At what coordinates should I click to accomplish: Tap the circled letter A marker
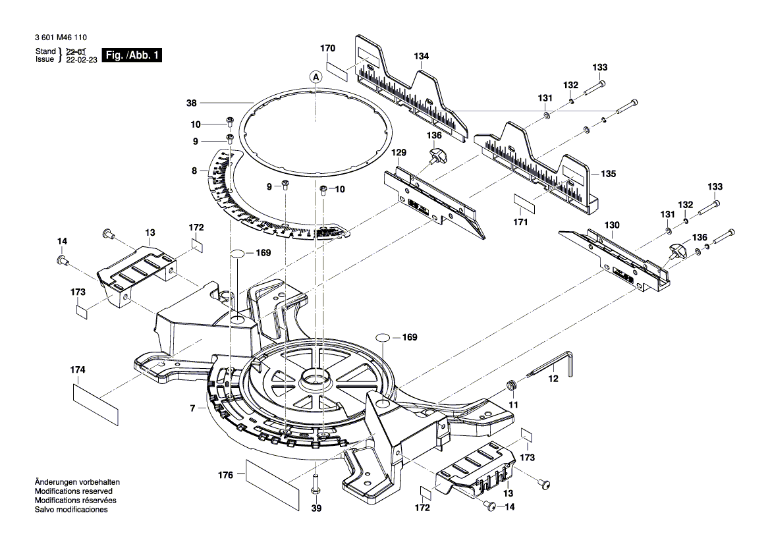[316, 78]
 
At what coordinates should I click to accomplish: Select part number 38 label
[192, 103]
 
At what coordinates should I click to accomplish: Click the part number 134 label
[422, 57]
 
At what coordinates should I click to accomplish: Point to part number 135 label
[608, 175]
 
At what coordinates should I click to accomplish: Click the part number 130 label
[613, 225]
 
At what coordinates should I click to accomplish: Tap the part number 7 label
[193, 409]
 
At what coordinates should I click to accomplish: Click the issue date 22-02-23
[81, 59]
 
